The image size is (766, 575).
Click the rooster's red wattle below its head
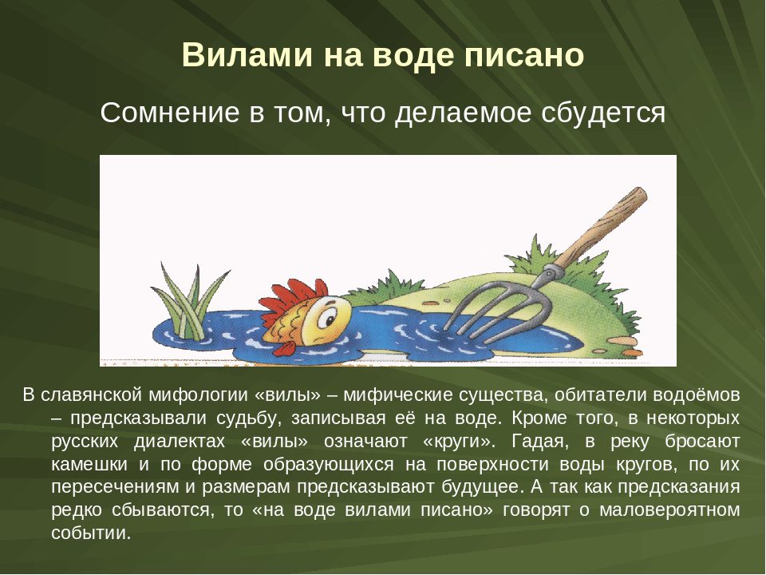click(286, 348)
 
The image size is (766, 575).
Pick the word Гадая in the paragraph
click(538, 442)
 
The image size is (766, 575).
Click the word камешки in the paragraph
click(89, 464)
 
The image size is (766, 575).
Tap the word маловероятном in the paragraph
click(669, 510)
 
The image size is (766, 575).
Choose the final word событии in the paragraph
click(91, 533)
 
